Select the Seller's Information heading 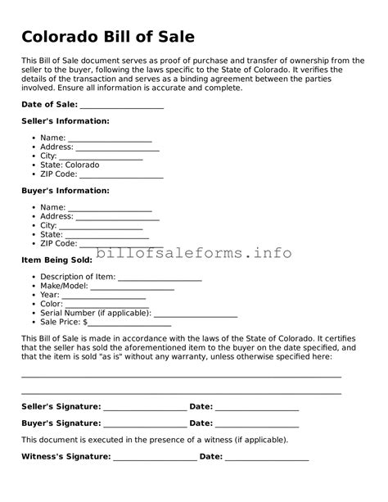(x=65, y=120)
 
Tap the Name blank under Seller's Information (x=110, y=138)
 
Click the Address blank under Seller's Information (x=118, y=147)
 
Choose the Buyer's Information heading (x=65, y=190)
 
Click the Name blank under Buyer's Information (x=110, y=208)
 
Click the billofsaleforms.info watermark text (x=194, y=253)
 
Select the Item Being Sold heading (x=56, y=260)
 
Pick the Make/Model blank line (x=132, y=287)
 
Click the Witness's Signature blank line (x=155, y=457)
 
